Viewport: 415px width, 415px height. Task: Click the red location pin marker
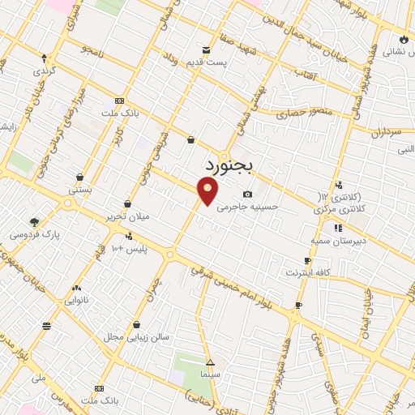(x=208, y=191)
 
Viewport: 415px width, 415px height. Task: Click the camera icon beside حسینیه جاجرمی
(x=247, y=195)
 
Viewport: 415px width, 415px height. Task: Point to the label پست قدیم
(x=215, y=62)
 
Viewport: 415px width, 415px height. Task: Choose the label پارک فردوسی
(x=33, y=234)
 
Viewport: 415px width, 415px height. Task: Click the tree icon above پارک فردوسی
(x=33, y=221)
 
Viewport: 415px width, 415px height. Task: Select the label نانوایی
(x=77, y=300)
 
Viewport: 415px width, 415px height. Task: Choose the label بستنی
(x=79, y=189)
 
